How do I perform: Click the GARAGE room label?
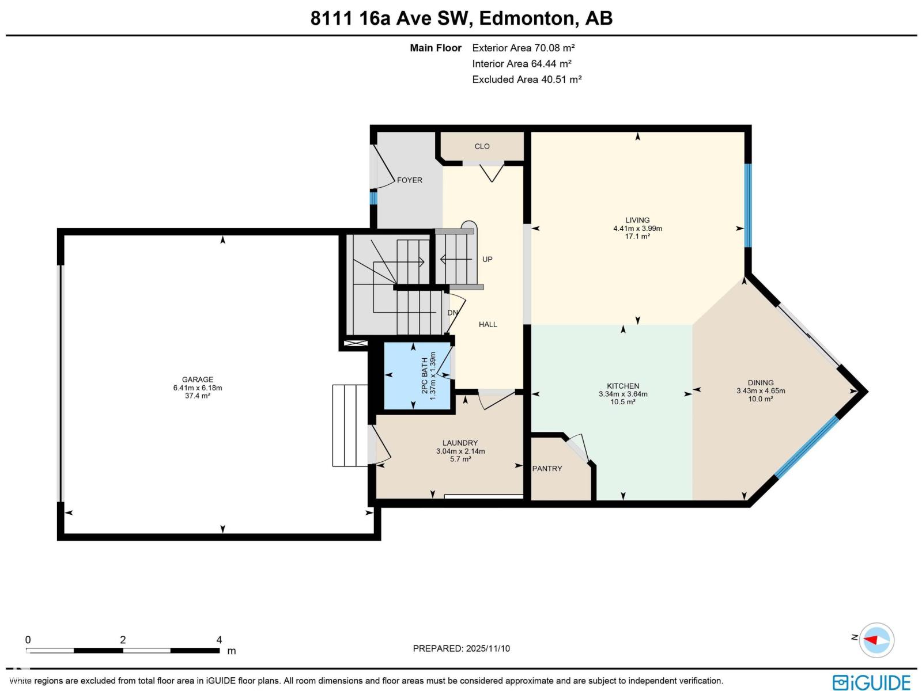tap(198, 379)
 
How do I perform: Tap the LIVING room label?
tap(637, 220)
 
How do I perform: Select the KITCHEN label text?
tap(623, 386)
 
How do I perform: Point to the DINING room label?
tap(761, 382)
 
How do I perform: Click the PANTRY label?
tap(547, 469)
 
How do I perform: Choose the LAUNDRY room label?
tap(460, 443)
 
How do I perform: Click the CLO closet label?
tap(482, 146)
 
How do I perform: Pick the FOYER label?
tap(409, 180)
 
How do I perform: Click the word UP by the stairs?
tap(488, 259)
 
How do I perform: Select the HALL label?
tap(488, 324)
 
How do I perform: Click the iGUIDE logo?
tap(871, 682)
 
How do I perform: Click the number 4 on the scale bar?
tap(219, 640)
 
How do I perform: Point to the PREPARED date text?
tap(461, 648)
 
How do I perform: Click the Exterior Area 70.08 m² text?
tap(523, 48)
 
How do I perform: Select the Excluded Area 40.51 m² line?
tap(527, 79)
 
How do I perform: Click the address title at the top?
tap(461, 18)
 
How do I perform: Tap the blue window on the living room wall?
tap(748, 206)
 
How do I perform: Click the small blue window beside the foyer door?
tap(373, 198)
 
